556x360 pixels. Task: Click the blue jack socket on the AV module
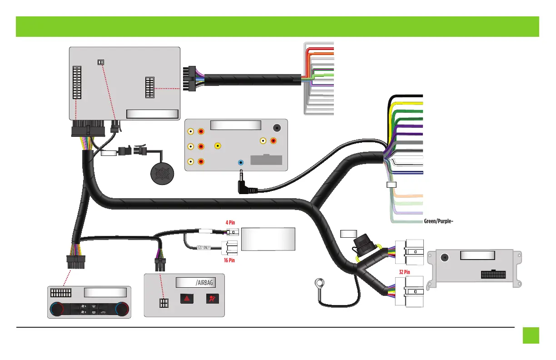[241, 162]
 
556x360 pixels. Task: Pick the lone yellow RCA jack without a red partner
[218, 146]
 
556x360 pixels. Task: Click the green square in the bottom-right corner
[531, 335]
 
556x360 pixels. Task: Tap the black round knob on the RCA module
[276, 128]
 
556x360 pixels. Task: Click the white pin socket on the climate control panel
[61, 293]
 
